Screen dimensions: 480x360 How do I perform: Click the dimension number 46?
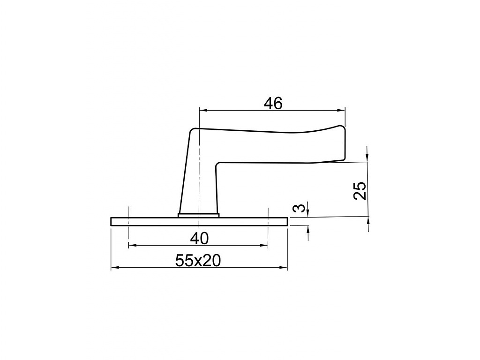273,104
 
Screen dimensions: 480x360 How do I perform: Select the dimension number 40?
199,239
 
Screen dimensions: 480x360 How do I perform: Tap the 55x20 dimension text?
198,261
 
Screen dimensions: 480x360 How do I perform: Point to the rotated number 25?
360,191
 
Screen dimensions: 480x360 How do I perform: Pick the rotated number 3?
299,208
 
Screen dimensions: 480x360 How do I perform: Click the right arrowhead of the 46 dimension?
341,111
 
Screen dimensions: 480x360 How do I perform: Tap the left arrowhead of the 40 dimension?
133,245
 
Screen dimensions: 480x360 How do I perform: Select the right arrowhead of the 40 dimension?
264,245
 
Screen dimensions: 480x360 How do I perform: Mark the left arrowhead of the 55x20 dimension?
114,268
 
